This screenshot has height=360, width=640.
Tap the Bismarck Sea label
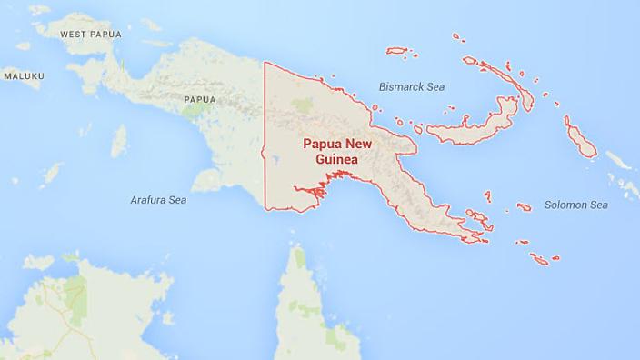coord(411,87)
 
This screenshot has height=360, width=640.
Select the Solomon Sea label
coord(575,205)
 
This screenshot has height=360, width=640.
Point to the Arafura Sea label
coord(158,199)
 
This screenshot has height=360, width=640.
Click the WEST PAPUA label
coord(90,34)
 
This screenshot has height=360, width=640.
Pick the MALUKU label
coord(23,76)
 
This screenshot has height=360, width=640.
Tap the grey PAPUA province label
coord(199,98)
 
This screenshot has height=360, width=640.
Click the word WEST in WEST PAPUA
coord(75,34)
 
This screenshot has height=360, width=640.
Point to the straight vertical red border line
coord(265,136)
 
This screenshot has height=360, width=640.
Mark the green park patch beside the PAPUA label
coord(194,112)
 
